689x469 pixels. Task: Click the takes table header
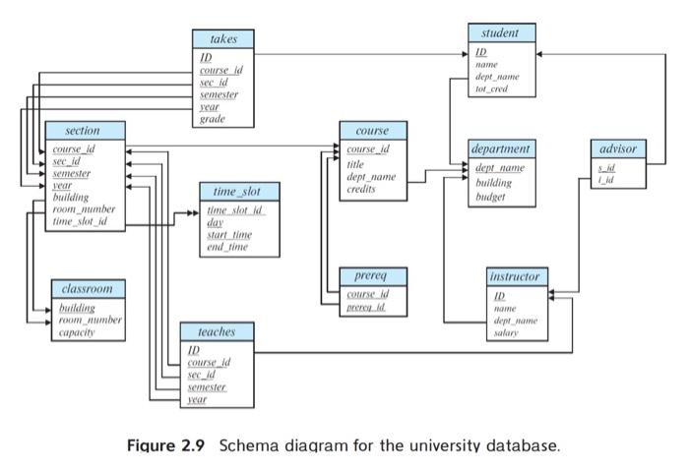223,38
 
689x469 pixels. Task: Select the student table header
501,33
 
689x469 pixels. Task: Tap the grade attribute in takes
212,119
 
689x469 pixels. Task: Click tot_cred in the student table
494,88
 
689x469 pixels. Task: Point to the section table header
85,131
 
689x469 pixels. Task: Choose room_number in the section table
84,209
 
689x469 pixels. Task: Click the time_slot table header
239,191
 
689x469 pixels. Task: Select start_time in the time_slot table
228,235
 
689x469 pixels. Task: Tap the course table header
372,131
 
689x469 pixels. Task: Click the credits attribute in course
362,189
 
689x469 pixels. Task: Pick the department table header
501,148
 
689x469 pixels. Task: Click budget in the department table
490,197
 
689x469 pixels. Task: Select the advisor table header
618,148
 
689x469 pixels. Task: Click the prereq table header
372,276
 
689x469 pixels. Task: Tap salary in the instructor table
505,333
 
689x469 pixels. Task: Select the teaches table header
217,332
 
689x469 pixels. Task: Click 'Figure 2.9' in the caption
166,445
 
